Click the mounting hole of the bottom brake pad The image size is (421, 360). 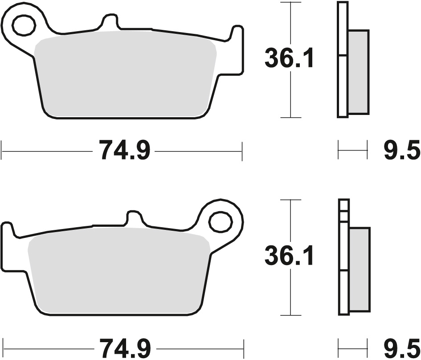click(221, 221)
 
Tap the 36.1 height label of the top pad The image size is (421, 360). click(289, 59)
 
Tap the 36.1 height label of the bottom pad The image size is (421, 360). click(289, 256)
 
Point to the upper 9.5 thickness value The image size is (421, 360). click(401, 151)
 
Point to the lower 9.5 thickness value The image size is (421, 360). click(401, 347)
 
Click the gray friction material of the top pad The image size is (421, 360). click(125, 76)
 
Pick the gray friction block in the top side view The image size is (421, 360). click(359, 71)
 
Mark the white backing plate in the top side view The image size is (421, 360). click(342, 85)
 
